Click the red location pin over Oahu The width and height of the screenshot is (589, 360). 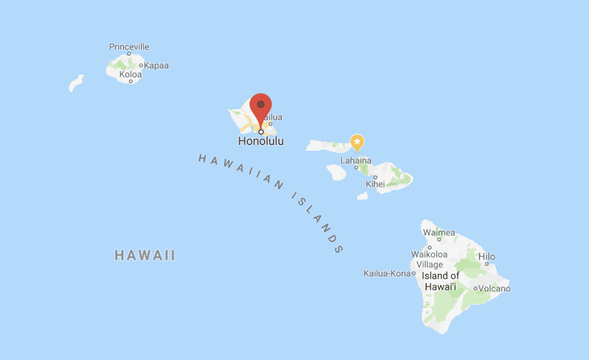click(262, 106)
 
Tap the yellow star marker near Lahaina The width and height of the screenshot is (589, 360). click(357, 141)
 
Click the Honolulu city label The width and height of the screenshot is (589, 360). click(261, 141)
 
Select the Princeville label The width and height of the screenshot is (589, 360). click(129, 47)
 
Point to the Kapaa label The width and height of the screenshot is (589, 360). click(156, 66)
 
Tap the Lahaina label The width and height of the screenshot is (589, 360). click(355, 160)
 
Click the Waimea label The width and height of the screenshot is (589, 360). click(439, 233)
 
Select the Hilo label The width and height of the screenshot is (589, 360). click(487, 257)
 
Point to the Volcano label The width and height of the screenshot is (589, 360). click(494, 289)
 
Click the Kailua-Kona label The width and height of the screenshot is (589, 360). click(387, 274)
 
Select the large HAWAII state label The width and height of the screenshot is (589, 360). click(144, 255)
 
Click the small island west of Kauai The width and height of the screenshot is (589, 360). click(76, 83)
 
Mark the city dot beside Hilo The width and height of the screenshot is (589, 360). click(487, 264)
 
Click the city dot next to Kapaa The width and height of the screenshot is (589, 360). click(141, 65)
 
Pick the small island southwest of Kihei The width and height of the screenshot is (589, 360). click(362, 196)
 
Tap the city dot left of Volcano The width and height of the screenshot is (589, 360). click(475, 288)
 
